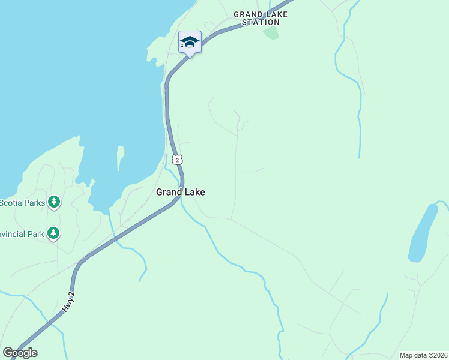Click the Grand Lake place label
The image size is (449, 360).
181,193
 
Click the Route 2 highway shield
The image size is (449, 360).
176,159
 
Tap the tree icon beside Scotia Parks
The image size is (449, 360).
55,202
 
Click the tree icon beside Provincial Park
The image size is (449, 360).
53,233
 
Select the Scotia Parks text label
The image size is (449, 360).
22,203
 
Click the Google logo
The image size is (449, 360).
20,353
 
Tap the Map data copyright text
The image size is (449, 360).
423,355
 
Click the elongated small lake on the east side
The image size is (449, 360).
423,233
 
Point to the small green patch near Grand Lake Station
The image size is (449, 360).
271,32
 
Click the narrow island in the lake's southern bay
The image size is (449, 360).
120,158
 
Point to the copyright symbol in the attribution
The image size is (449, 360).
430,355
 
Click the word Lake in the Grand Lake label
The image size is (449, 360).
194,193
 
